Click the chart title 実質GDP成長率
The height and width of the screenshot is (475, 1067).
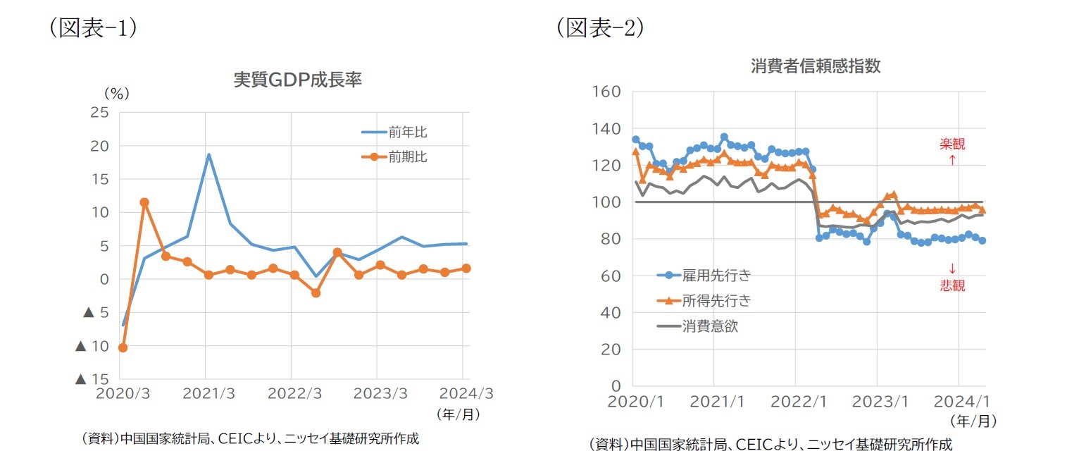297,80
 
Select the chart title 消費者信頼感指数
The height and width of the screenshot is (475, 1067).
815,66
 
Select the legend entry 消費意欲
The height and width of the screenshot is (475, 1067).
710,326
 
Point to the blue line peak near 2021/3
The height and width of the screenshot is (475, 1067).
208,154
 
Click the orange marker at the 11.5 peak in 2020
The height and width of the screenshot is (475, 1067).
144,202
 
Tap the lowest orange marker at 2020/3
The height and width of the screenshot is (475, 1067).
123,347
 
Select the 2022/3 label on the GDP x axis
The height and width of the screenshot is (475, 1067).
292,394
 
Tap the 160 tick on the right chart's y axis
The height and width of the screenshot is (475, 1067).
606,92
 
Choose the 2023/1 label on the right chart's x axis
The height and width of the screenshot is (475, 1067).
876,402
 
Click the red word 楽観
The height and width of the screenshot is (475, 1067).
952,144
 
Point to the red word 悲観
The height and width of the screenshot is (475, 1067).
952,285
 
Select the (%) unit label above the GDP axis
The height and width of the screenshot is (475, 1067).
116,93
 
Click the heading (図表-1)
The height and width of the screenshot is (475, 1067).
92,27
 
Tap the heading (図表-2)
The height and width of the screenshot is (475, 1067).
600,27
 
